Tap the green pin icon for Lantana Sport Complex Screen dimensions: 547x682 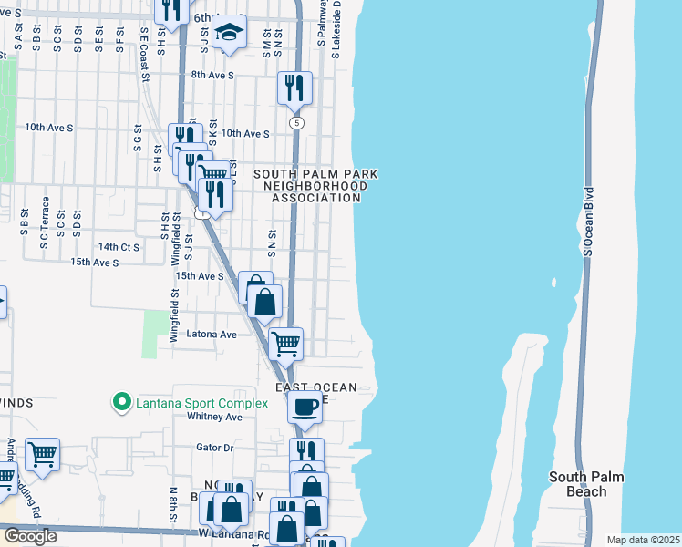tap(119, 401)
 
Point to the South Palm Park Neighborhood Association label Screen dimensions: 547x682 tap(315, 186)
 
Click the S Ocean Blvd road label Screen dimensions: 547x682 tap(590, 221)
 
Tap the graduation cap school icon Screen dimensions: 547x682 tap(230, 32)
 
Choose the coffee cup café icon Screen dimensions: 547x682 tap(305, 406)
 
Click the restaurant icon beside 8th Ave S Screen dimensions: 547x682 tap(294, 88)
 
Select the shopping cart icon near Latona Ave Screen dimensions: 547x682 tap(286, 344)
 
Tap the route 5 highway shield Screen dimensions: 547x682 tap(295, 122)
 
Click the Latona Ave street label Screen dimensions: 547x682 tap(212, 335)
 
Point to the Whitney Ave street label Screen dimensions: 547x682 tap(214, 417)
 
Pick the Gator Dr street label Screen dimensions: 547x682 tap(215, 448)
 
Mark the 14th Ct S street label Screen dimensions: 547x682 tap(119, 247)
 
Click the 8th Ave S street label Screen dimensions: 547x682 tap(212, 75)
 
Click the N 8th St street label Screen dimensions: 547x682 tap(172, 503)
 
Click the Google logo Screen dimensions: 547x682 tap(29, 536)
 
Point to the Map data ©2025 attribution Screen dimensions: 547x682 tap(643, 540)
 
